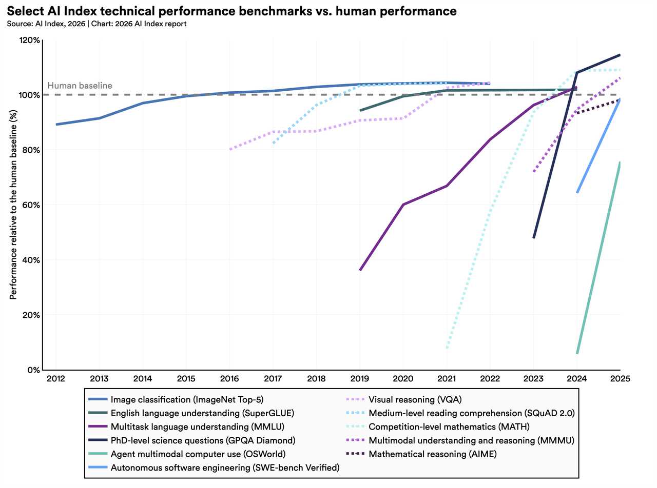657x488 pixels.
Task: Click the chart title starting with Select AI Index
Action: [x=231, y=11]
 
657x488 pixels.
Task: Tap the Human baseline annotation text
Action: [x=80, y=86]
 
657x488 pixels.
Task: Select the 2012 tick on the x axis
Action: [x=55, y=379]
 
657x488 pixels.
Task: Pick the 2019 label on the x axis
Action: [x=359, y=379]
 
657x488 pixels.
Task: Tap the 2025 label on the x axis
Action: [x=620, y=379]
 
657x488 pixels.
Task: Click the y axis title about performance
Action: [x=13, y=205]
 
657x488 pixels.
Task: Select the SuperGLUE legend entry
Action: [x=202, y=413]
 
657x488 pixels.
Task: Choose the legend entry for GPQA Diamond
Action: [x=203, y=440]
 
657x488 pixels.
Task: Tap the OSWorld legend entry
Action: [x=198, y=454]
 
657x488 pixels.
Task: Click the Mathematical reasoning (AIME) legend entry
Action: [x=433, y=454]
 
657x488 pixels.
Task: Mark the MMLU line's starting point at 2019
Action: [x=360, y=270]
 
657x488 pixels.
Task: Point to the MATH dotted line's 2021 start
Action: [x=447, y=348]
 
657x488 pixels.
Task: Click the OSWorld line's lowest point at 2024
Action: [x=577, y=353]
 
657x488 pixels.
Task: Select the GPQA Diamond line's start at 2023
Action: [x=534, y=238]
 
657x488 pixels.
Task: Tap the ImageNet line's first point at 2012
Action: [x=56, y=124]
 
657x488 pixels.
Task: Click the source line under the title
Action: [x=97, y=24]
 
